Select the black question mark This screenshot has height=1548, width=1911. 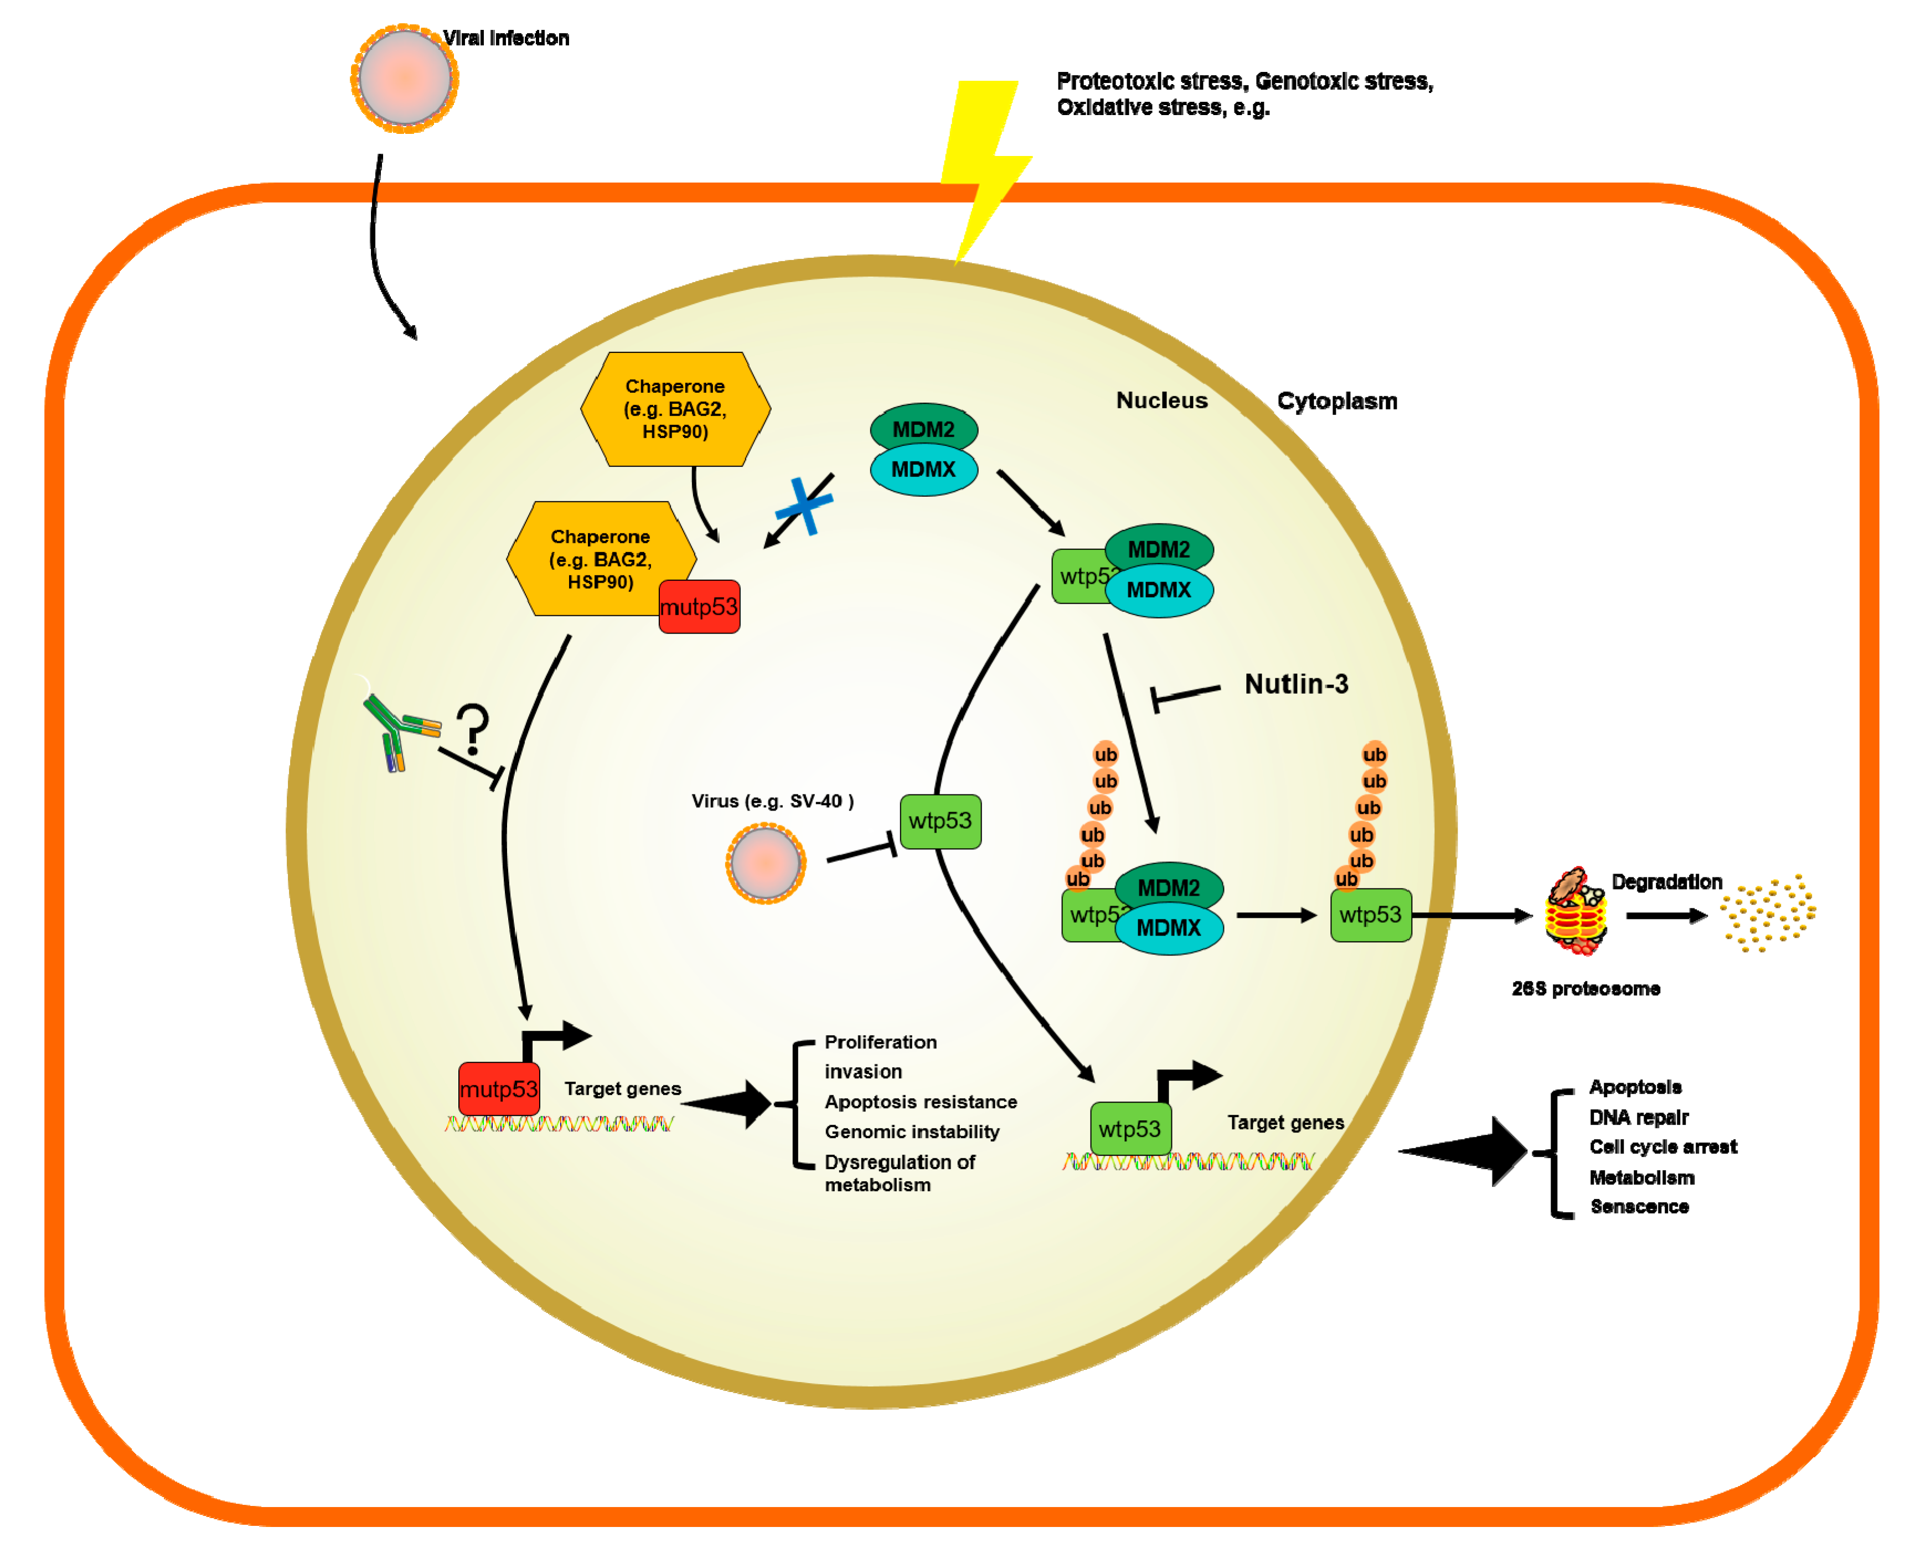click(472, 729)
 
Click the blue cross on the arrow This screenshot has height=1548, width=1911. click(805, 506)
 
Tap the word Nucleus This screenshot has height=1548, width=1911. click(1161, 401)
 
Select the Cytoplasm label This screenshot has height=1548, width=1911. click(1336, 401)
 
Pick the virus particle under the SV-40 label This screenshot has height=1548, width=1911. click(766, 863)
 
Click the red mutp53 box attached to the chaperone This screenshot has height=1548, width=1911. click(699, 606)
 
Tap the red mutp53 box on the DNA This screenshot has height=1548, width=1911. click(499, 1089)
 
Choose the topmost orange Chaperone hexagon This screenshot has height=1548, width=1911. click(675, 409)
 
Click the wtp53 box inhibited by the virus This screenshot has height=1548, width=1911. click(941, 821)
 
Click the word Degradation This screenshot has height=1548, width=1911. click(1666, 882)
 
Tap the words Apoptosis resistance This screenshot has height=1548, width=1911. click(921, 1102)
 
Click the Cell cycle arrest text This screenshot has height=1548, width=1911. click(1663, 1147)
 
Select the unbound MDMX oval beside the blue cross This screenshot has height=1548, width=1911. click(923, 470)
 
